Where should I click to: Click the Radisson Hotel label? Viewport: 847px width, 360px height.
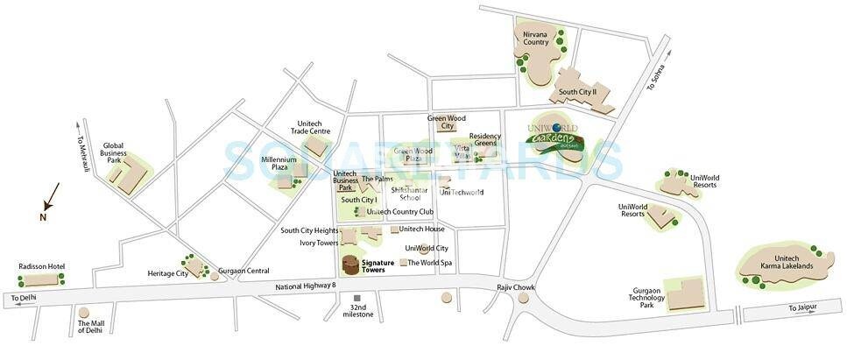(x=42, y=266)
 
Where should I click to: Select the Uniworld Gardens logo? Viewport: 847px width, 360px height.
(x=554, y=138)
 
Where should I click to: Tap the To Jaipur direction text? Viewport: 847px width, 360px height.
(x=805, y=307)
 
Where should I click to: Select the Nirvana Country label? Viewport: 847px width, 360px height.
(x=536, y=37)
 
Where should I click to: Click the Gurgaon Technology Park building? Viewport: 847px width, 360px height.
(x=684, y=296)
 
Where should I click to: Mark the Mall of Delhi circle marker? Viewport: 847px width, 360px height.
(x=84, y=312)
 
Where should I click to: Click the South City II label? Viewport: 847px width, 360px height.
(x=577, y=91)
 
